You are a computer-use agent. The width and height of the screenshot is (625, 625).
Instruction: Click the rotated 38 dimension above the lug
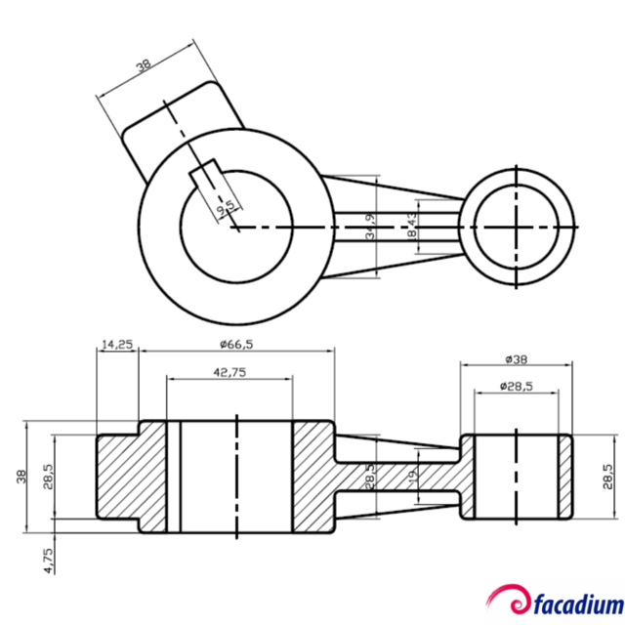(145, 65)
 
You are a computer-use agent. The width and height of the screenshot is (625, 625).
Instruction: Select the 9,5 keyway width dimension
(226, 205)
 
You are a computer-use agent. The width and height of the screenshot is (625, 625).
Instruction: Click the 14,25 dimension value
(116, 344)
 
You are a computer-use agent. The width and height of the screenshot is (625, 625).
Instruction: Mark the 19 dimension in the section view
(412, 478)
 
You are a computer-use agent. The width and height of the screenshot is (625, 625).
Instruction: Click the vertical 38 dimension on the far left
(21, 477)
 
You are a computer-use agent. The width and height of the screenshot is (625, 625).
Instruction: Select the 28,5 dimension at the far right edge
(606, 477)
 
